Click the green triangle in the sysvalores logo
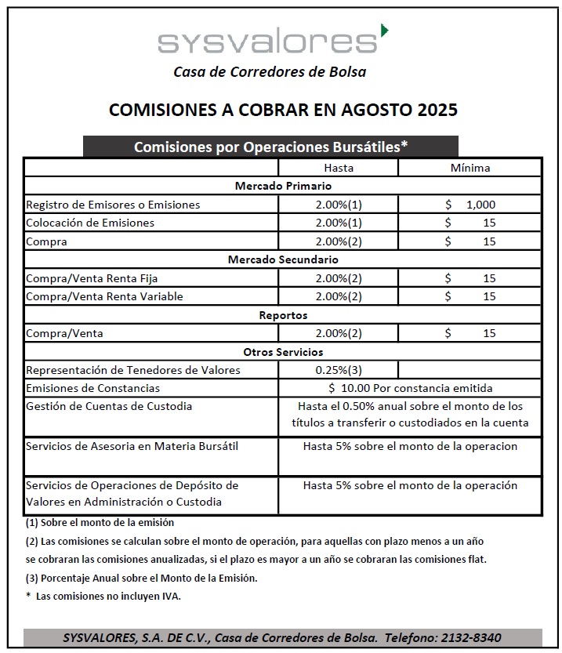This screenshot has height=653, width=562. [x=383, y=31]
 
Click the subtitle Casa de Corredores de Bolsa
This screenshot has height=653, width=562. [x=270, y=72]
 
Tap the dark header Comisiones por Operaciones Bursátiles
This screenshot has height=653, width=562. [x=270, y=147]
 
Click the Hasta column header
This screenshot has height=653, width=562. [x=339, y=168]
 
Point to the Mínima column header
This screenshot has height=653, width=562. [x=470, y=168]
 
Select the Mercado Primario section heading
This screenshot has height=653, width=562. [x=283, y=186]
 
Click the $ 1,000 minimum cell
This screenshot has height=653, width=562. [x=470, y=205]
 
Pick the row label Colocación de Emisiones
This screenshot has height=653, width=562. [x=90, y=223]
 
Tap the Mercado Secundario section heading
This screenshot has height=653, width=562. [x=283, y=259]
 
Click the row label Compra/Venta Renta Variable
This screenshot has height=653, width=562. [x=104, y=296]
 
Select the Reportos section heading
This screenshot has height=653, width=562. [x=283, y=315]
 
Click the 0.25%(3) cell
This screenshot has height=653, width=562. [x=339, y=370]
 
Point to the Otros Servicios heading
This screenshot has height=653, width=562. [x=283, y=352]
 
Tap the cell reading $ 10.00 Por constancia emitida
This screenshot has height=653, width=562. [x=411, y=388]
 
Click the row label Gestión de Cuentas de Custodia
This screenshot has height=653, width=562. [x=109, y=406]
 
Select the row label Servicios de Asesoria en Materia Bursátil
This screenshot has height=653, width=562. [x=132, y=446]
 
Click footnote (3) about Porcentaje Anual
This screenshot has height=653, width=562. [x=141, y=579]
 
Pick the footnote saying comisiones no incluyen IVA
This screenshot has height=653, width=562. [x=103, y=597]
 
